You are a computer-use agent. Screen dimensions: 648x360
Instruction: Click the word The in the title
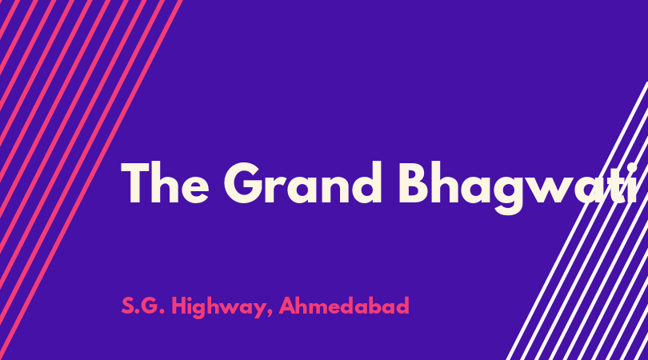pyautogui.click(x=165, y=182)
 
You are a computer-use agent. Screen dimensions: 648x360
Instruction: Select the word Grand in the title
pyautogui.click(x=302, y=182)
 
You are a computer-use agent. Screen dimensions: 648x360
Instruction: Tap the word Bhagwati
pyautogui.click(x=518, y=188)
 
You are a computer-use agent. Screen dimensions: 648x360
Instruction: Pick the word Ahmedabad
pyautogui.click(x=344, y=306)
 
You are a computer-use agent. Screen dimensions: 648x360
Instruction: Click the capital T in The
pyautogui.click(x=134, y=183)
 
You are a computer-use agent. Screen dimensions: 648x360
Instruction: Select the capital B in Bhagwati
pyautogui.click(x=414, y=183)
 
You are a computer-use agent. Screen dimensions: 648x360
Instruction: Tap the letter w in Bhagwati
pyautogui.click(x=558, y=190)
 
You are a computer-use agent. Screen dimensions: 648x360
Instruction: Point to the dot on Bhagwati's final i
pyautogui.click(x=631, y=167)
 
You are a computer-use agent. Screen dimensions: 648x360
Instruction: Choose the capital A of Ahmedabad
pyautogui.click(x=288, y=306)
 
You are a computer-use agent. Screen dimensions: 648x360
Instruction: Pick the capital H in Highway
pyautogui.click(x=179, y=306)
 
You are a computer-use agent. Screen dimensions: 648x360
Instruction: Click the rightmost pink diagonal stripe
pyautogui.click(x=91, y=180)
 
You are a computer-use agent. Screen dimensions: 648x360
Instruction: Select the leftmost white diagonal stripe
pyautogui.click(x=577, y=221)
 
